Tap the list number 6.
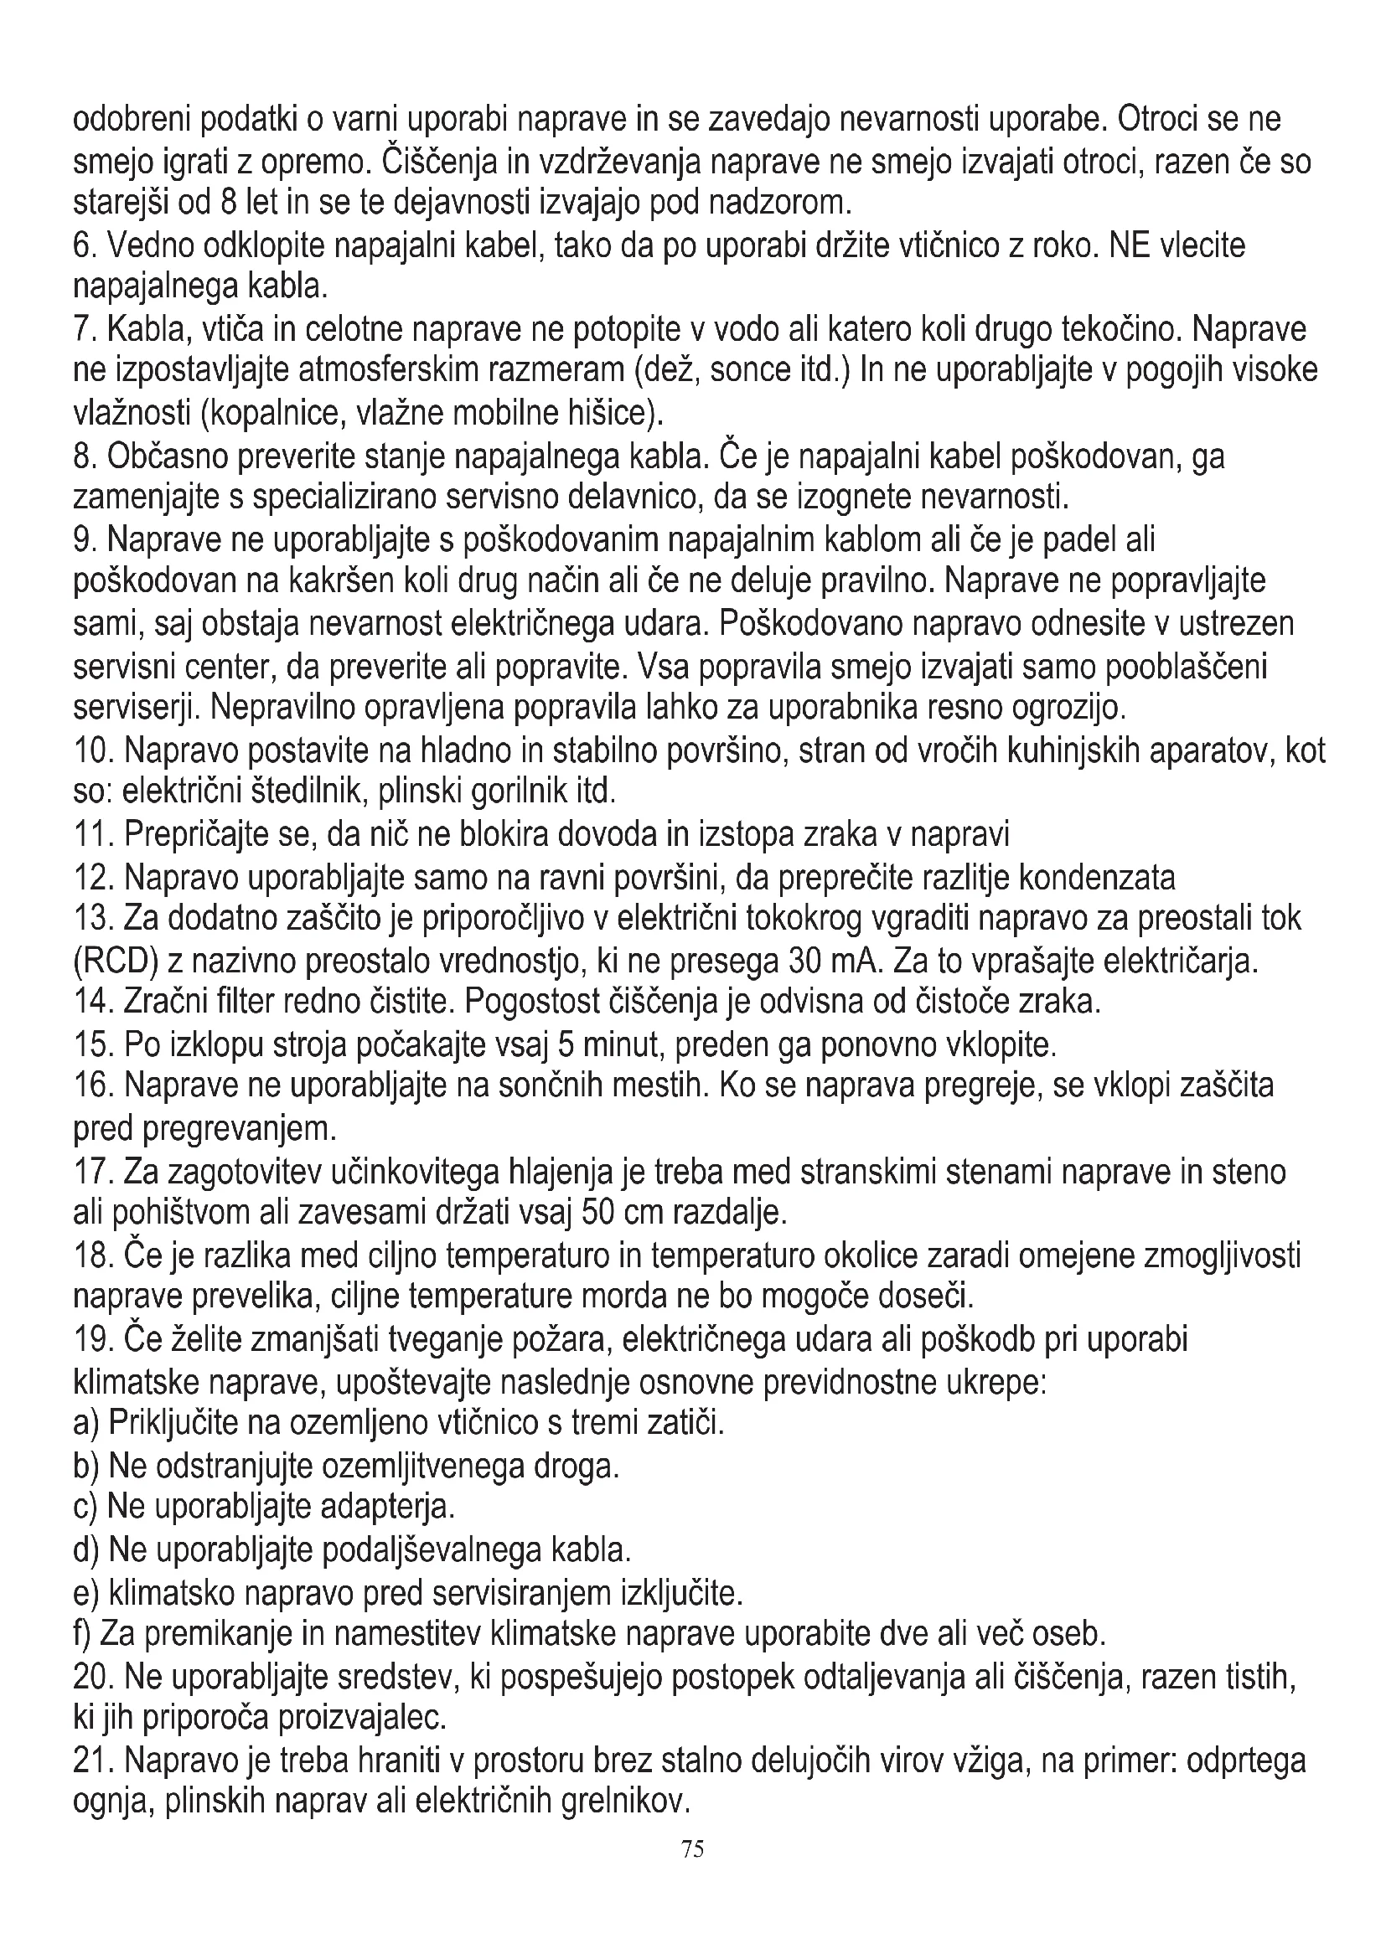coord(82,246)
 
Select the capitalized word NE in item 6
coord(1129,246)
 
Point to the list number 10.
coord(92,750)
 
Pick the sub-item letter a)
coord(86,1422)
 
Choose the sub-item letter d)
coord(86,1549)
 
